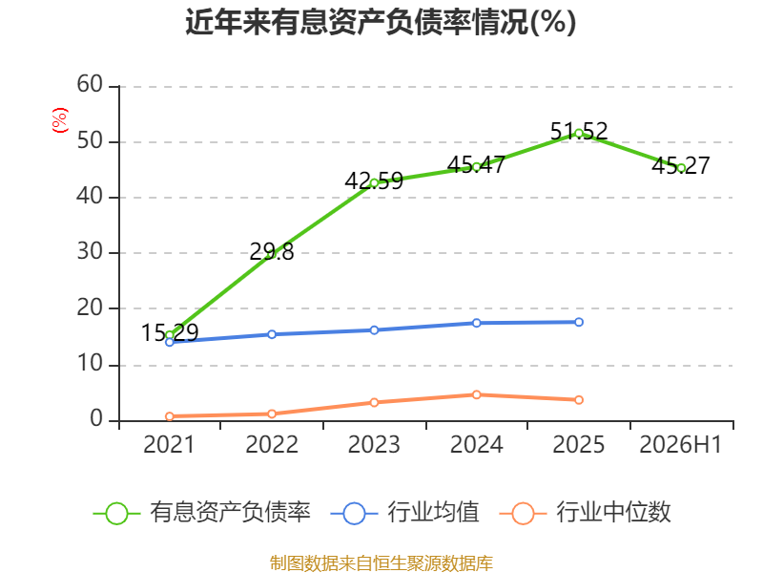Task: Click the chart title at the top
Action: (381, 22)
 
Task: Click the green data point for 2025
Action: (579, 134)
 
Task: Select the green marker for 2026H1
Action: (681, 168)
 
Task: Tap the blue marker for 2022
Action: (272, 334)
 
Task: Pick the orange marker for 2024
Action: (476, 394)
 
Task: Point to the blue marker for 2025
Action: (579, 322)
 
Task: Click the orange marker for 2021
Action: (170, 416)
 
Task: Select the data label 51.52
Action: (579, 131)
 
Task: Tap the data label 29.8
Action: (272, 251)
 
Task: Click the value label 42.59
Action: (374, 180)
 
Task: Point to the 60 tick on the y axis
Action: (90, 84)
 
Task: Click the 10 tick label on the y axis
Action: (90, 364)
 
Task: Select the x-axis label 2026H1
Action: (680, 444)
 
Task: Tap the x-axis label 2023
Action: (374, 444)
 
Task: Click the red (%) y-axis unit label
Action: (60, 120)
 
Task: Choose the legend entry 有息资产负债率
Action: (201, 513)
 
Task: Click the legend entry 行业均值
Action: (404, 513)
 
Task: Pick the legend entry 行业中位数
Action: (585, 513)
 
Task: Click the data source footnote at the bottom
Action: (381, 562)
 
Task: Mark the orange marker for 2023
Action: (374, 402)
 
